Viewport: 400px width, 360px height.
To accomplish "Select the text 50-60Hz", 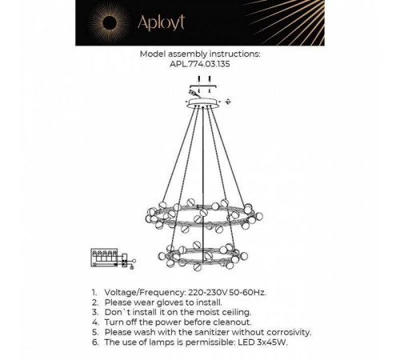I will [x=254, y=293].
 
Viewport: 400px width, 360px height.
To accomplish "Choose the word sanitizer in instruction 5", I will [x=206, y=331].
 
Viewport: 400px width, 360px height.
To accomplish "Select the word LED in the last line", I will [x=254, y=341].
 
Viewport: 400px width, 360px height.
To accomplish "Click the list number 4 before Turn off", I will [x=94, y=322].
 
